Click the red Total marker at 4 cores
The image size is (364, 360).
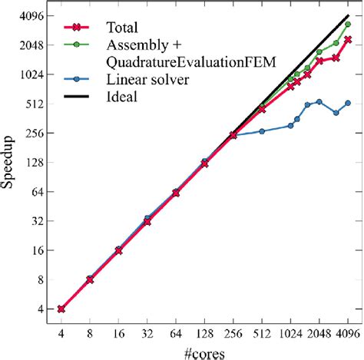point(61,309)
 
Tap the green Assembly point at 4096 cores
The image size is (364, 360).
point(348,24)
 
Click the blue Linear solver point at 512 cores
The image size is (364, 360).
point(262,131)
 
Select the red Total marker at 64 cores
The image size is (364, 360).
point(176,193)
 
